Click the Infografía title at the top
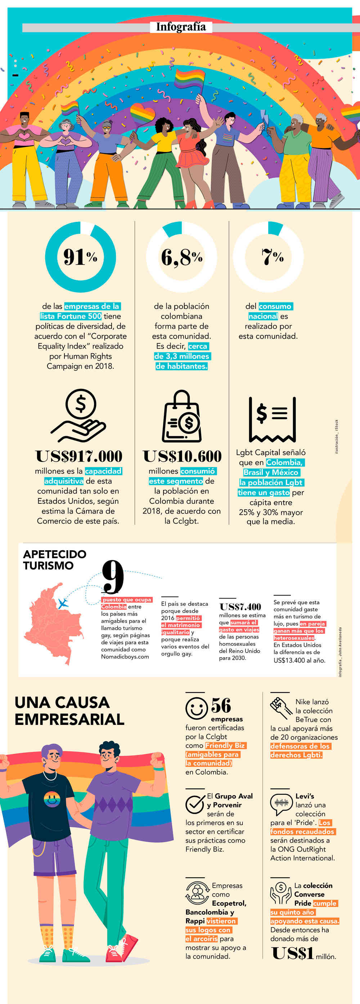[x=181, y=27]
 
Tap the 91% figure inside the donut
[x=80, y=257]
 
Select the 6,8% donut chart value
[x=181, y=257]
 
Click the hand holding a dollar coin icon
[x=79, y=416]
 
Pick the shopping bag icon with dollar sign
[x=181, y=417]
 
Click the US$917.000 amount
[x=79, y=456]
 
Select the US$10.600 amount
[x=182, y=456]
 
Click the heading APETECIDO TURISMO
[x=55, y=560]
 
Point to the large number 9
[x=113, y=577]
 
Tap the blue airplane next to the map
[x=62, y=604]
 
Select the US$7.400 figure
[x=240, y=607]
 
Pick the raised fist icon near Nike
[x=280, y=708]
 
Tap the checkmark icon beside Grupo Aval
[x=195, y=804]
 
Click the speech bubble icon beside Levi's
[x=281, y=804]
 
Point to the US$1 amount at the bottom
[x=293, y=953]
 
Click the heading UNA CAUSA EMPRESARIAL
[x=69, y=711]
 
